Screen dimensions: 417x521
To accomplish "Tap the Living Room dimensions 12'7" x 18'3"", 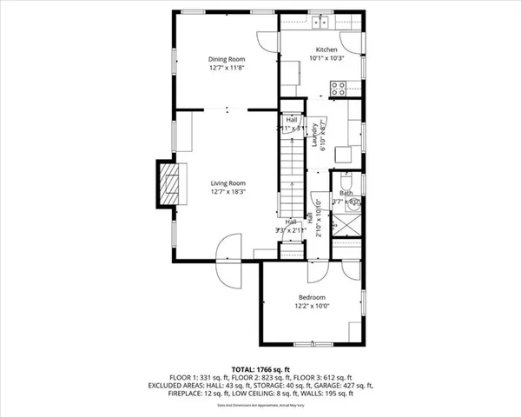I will coord(228,192).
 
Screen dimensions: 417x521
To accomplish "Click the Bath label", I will coord(346,194).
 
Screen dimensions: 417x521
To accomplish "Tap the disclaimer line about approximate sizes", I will coord(260,405).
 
